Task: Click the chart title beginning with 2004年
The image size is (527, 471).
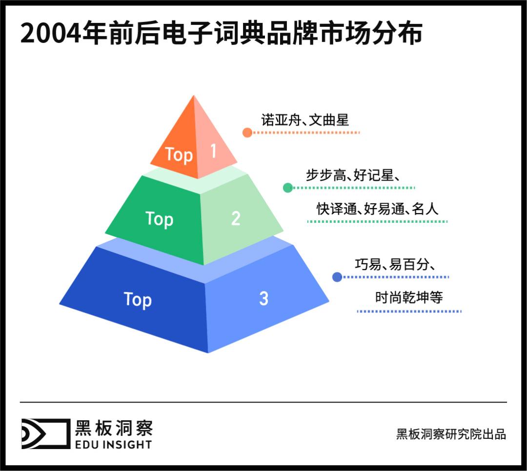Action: pyautogui.click(x=221, y=35)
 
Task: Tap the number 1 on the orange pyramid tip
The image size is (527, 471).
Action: pyautogui.click(x=213, y=151)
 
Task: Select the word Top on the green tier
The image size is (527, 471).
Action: pyautogui.click(x=159, y=218)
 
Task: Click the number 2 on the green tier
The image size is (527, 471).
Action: pyautogui.click(x=236, y=218)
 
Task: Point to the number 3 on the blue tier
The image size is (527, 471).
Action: pyautogui.click(x=263, y=299)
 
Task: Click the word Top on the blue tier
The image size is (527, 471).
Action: pyautogui.click(x=138, y=300)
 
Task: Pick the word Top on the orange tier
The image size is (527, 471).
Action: pyautogui.click(x=179, y=154)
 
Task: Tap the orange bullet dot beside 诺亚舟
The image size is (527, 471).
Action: pyautogui.click(x=247, y=132)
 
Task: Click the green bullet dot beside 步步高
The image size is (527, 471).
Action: pyautogui.click(x=288, y=187)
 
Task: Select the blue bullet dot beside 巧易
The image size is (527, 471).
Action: pyautogui.click(x=337, y=277)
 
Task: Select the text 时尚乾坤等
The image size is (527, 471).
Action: pyautogui.click(x=409, y=297)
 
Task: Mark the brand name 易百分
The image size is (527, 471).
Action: pyautogui.click(x=408, y=265)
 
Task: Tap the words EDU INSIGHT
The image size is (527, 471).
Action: pyautogui.click(x=113, y=444)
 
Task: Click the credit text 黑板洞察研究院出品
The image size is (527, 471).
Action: pyautogui.click(x=451, y=434)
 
